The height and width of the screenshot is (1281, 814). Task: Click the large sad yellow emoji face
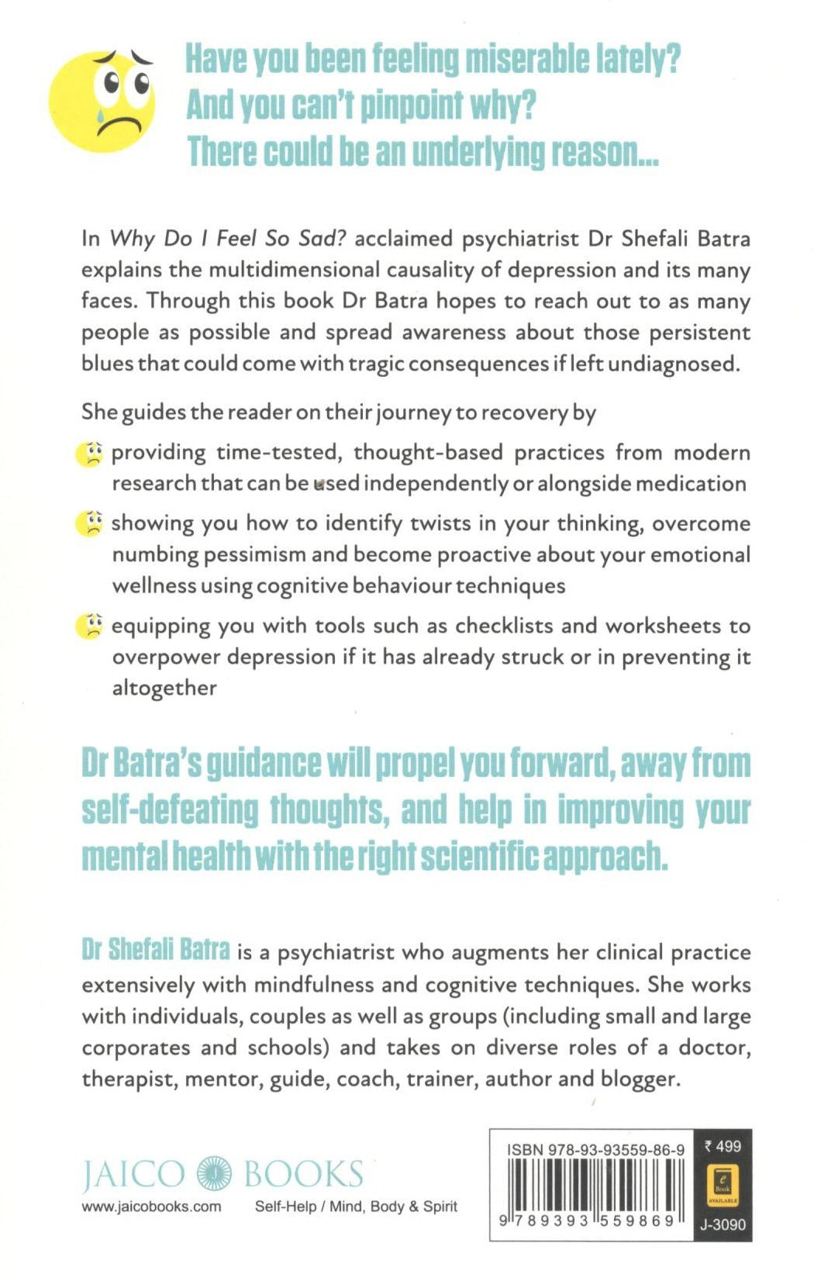click(102, 102)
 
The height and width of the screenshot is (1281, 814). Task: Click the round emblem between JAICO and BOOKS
click(215, 1173)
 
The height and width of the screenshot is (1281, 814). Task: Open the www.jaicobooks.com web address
click(151, 1207)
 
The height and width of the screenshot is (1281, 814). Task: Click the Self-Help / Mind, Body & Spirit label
click(356, 1207)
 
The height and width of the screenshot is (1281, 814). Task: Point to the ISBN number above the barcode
click(595, 1150)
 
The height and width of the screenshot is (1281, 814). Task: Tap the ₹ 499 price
click(723, 1146)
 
